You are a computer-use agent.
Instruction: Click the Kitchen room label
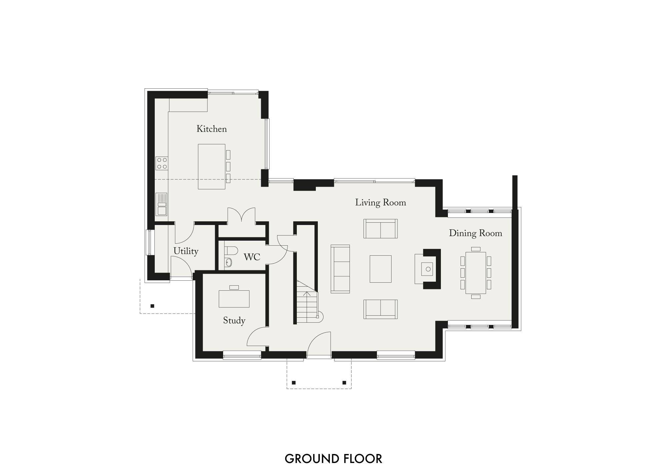(211, 129)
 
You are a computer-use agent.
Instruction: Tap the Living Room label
(380, 203)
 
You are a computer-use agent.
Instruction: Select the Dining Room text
(475, 233)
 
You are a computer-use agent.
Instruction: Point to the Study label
(234, 321)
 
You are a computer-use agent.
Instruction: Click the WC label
(252, 257)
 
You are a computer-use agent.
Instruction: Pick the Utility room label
(186, 251)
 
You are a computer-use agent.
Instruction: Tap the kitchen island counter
(211, 166)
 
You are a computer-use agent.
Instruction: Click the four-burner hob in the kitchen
(162, 163)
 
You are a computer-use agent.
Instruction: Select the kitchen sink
(162, 204)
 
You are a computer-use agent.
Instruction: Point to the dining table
(476, 273)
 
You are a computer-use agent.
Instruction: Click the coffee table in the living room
(380, 269)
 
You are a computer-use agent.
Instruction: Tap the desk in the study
(234, 298)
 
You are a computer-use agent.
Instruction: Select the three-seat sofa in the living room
(340, 269)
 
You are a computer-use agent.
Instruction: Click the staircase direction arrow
(307, 294)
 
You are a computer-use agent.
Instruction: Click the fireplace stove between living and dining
(428, 269)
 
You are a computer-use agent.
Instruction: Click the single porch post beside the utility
(152, 306)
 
